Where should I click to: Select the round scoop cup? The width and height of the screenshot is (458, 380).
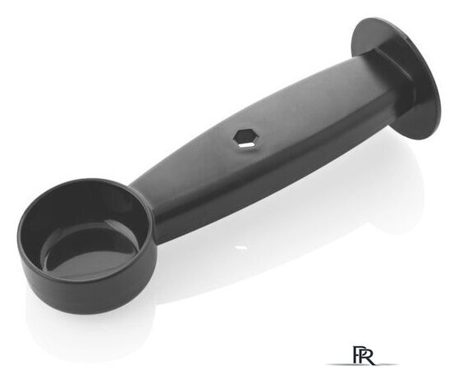tap(87, 245)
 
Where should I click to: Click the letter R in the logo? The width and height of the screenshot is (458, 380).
tap(369, 355)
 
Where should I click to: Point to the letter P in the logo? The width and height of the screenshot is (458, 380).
tap(358, 354)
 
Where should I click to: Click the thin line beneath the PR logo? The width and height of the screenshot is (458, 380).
tap(362, 364)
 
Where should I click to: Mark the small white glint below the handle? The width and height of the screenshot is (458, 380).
tap(241, 247)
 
